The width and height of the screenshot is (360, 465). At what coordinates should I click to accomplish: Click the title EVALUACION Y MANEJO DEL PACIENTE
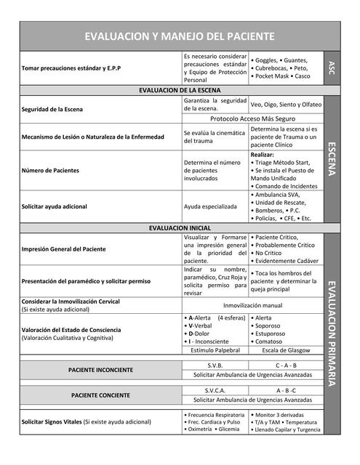pyautogui.click(x=180, y=36)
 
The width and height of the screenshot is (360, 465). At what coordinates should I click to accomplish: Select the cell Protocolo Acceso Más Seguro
pyautogui.click(x=252, y=118)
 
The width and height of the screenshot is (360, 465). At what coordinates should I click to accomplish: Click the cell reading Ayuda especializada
pyautogui.click(x=210, y=206)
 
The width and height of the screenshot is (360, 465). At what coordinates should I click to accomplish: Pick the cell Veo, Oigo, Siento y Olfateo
pyautogui.click(x=286, y=105)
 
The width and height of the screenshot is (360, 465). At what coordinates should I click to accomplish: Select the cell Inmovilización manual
pyautogui.click(x=252, y=305)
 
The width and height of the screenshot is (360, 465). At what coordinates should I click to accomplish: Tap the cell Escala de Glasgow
pyautogui.click(x=286, y=349)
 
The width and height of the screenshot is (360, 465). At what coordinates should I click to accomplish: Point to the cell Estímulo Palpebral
pyautogui.click(x=215, y=349)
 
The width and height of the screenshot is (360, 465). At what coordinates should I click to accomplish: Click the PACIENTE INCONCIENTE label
pyautogui.click(x=100, y=370)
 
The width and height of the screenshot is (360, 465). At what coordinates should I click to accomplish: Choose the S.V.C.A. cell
pyautogui.click(x=215, y=390)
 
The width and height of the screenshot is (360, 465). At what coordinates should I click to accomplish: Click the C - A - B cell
pyautogui.click(x=286, y=365)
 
